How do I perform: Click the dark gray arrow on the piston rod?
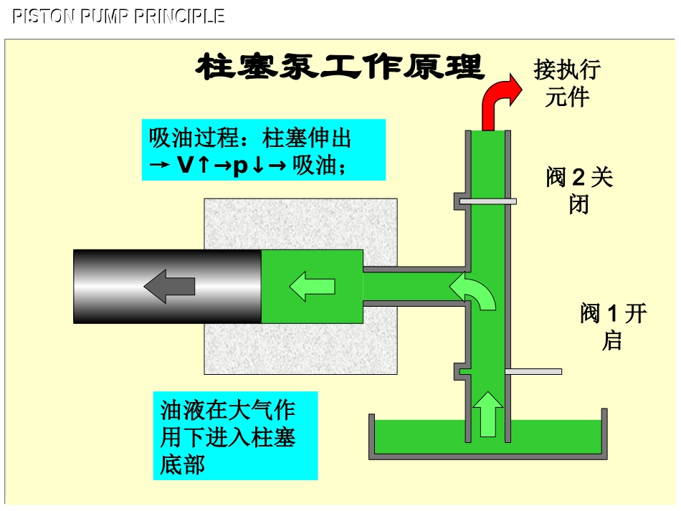click(169, 286)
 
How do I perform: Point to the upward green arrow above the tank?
click(488, 414)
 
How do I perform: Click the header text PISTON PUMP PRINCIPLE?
click(119, 16)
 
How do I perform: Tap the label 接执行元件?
click(566, 83)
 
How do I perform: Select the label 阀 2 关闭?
click(579, 191)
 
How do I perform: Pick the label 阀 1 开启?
click(613, 326)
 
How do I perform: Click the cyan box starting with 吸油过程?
click(263, 150)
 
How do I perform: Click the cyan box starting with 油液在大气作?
click(235, 436)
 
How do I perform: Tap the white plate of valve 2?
click(487, 201)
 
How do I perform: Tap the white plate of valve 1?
click(533, 371)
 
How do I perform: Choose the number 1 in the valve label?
click(612, 314)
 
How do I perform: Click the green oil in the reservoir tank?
click(416, 437)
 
